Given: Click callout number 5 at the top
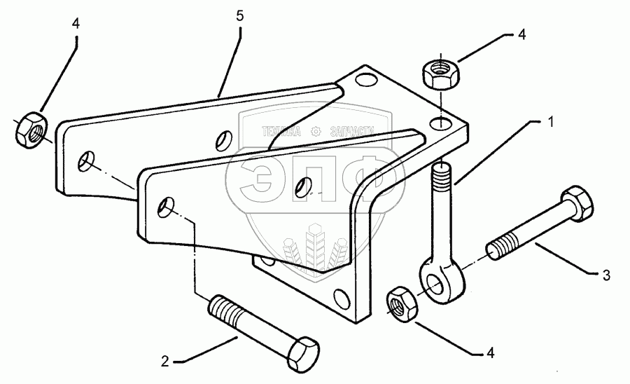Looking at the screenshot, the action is click(x=239, y=15).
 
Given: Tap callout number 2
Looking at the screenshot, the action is click(x=165, y=362).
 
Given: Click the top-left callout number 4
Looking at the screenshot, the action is click(x=76, y=24).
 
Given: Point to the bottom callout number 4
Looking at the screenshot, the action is click(x=490, y=354).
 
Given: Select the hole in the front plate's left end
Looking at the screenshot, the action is click(x=167, y=207).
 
